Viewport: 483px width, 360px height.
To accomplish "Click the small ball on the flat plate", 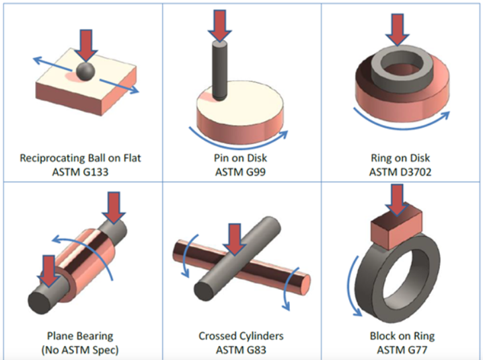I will pyautogui.click(x=85, y=71).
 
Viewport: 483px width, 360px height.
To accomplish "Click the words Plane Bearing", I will pyautogui.click(x=80, y=335).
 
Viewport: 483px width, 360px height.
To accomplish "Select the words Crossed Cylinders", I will pyautogui.click(x=241, y=335).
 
